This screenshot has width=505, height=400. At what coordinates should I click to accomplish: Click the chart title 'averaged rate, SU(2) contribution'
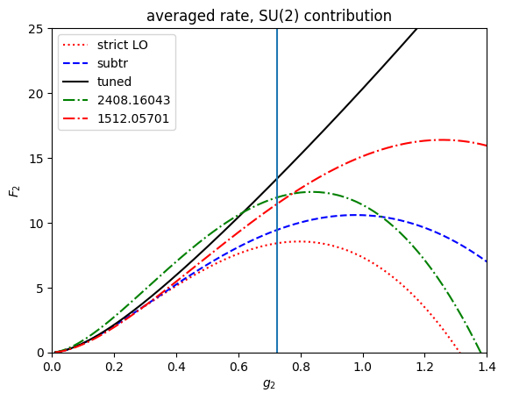pyautogui.click(x=269, y=16)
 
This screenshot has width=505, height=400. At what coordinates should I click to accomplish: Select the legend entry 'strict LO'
pyautogui.click(x=122, y=44)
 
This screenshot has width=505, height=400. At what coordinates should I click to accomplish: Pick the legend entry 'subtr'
pyautogui.click(x=115, y=63)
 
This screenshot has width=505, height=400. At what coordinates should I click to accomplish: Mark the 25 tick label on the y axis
pyautogui.click(x=39, y=29)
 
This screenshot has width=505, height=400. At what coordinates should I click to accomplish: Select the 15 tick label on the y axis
pyautogui.click(x=39, y=159)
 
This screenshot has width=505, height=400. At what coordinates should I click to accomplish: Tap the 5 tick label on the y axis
pyautogui.click(x=42, y=288)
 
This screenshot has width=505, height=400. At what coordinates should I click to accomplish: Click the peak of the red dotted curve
pyautogui.click(x=300, y=241)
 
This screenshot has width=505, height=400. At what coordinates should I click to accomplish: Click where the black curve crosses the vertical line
pyautogui.click(x=277, y=176)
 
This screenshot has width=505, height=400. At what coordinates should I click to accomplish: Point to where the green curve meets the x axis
pyautogui.click(x=480, y=352)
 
